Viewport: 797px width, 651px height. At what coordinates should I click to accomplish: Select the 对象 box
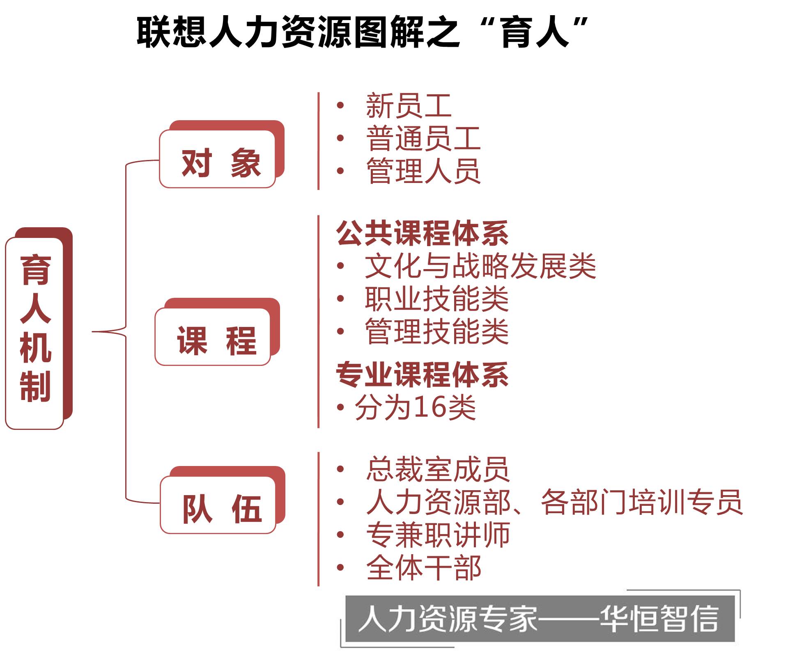click(218, 160)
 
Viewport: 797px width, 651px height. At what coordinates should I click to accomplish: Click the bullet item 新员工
click(409, 105)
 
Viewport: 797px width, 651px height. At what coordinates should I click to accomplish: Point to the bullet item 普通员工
click(423, 138)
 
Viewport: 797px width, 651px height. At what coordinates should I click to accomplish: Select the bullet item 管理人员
click(423, 171)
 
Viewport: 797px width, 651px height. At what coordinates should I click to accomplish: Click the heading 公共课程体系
click(422, 233)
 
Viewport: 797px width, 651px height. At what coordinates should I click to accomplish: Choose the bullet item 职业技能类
click(436, 299)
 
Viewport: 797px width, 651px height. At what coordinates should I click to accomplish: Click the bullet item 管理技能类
click(436, 331)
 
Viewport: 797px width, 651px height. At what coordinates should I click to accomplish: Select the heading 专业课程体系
click(422, 375)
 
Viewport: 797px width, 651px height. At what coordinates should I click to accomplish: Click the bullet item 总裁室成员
click(438, 469)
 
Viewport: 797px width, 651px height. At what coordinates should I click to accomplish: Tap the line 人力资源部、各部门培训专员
click(554, 502)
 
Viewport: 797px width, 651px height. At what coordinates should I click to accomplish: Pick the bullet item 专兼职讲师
click(438, 535)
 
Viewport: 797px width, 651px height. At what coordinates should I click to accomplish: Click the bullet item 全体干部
click(423, 568)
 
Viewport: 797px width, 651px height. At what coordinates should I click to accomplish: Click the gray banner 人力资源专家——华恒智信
click(539, 619)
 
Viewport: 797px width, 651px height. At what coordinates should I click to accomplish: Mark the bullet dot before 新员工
click(340, 105)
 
